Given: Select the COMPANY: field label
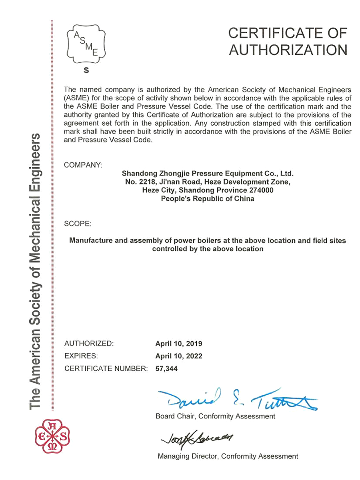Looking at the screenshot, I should click(83, 165).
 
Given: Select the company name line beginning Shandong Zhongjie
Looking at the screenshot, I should click(208, 174).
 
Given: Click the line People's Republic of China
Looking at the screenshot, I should click(207, 199).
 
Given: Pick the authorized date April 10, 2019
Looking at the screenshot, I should click(178, 344).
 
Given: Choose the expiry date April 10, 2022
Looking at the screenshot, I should click(178, 356).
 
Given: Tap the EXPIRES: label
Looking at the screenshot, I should click(81, 356).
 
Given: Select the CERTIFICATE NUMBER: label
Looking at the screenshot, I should click(106, 369).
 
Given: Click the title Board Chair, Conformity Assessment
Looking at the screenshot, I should click(215, 416).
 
